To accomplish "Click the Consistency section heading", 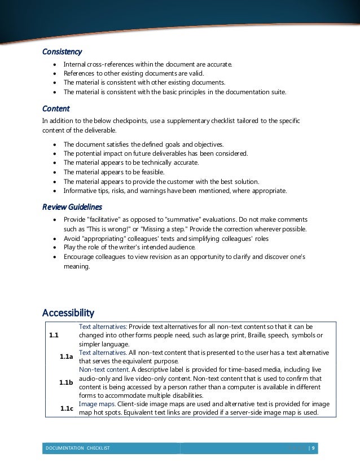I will tap(62, 52).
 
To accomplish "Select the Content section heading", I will tap(56, 108).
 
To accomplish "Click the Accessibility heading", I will tap(68, 312).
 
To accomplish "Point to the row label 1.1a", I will tap(66, 357).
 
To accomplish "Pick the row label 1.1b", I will tap(66, 383).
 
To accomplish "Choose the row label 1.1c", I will tap(67, 407).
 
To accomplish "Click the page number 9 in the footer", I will tap(314, 448).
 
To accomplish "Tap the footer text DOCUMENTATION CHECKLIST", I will tap(78, 448).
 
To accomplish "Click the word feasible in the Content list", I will tap(150, 172).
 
